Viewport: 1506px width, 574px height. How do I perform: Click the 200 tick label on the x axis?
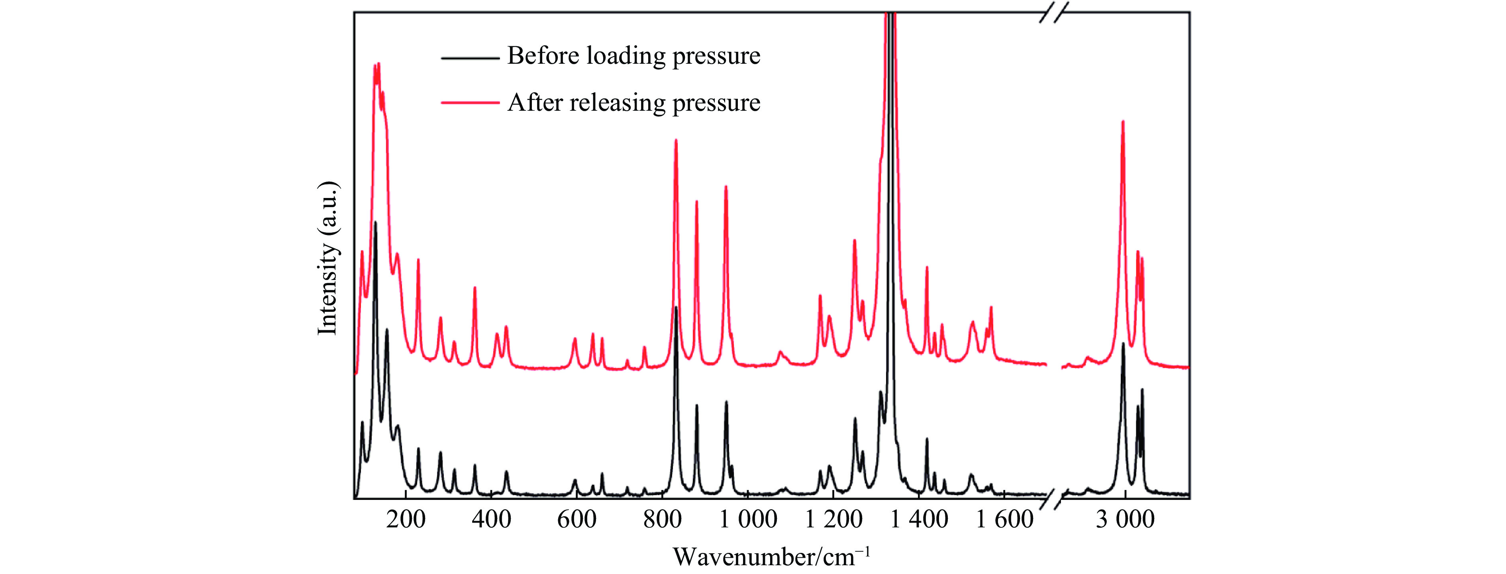406,519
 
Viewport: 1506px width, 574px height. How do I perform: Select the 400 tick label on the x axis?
491,519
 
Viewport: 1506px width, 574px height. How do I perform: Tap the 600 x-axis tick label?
577,519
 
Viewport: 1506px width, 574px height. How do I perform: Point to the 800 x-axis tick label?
663,519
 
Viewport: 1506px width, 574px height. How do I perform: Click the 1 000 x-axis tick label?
748,519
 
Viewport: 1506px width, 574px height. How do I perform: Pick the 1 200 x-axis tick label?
833,519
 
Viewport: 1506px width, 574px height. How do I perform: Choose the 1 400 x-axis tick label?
919,519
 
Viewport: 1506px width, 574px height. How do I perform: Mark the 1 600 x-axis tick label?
1004,519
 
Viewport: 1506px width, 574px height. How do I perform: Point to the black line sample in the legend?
470,58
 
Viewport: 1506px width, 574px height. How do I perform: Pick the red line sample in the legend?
470,103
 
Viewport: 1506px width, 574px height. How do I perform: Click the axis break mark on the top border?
1053,12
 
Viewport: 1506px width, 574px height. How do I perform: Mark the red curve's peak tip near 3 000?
1122,121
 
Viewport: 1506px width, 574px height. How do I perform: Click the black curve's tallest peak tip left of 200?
375,222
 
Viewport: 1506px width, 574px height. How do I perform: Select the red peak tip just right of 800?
676,140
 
